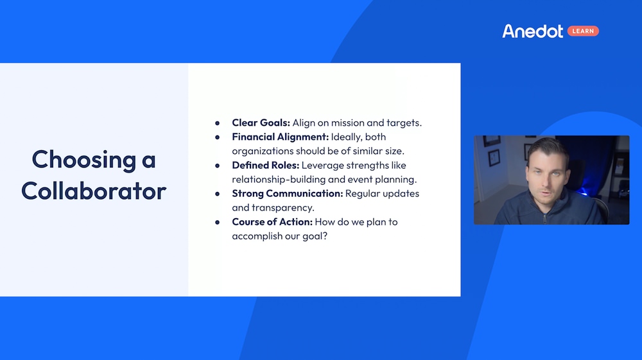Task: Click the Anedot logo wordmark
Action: tap(532, 31)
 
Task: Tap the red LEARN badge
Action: tap(583, 31)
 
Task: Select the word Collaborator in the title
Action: tap(93, 191)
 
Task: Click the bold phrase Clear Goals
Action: tap(261, 123)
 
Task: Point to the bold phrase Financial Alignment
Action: tap(281, 137)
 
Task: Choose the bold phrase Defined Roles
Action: tap(265, 165)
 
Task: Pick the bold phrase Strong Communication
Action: tap(287, 193)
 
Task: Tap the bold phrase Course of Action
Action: tap(271, 222)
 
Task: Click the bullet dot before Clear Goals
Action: tap(218, 123)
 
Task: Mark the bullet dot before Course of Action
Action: tap(218, 222)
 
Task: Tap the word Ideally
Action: tap(347, 137)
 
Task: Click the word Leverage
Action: tap(324, 165)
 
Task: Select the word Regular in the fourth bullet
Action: tap(364, 193)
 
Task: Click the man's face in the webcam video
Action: tap(544, 171)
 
